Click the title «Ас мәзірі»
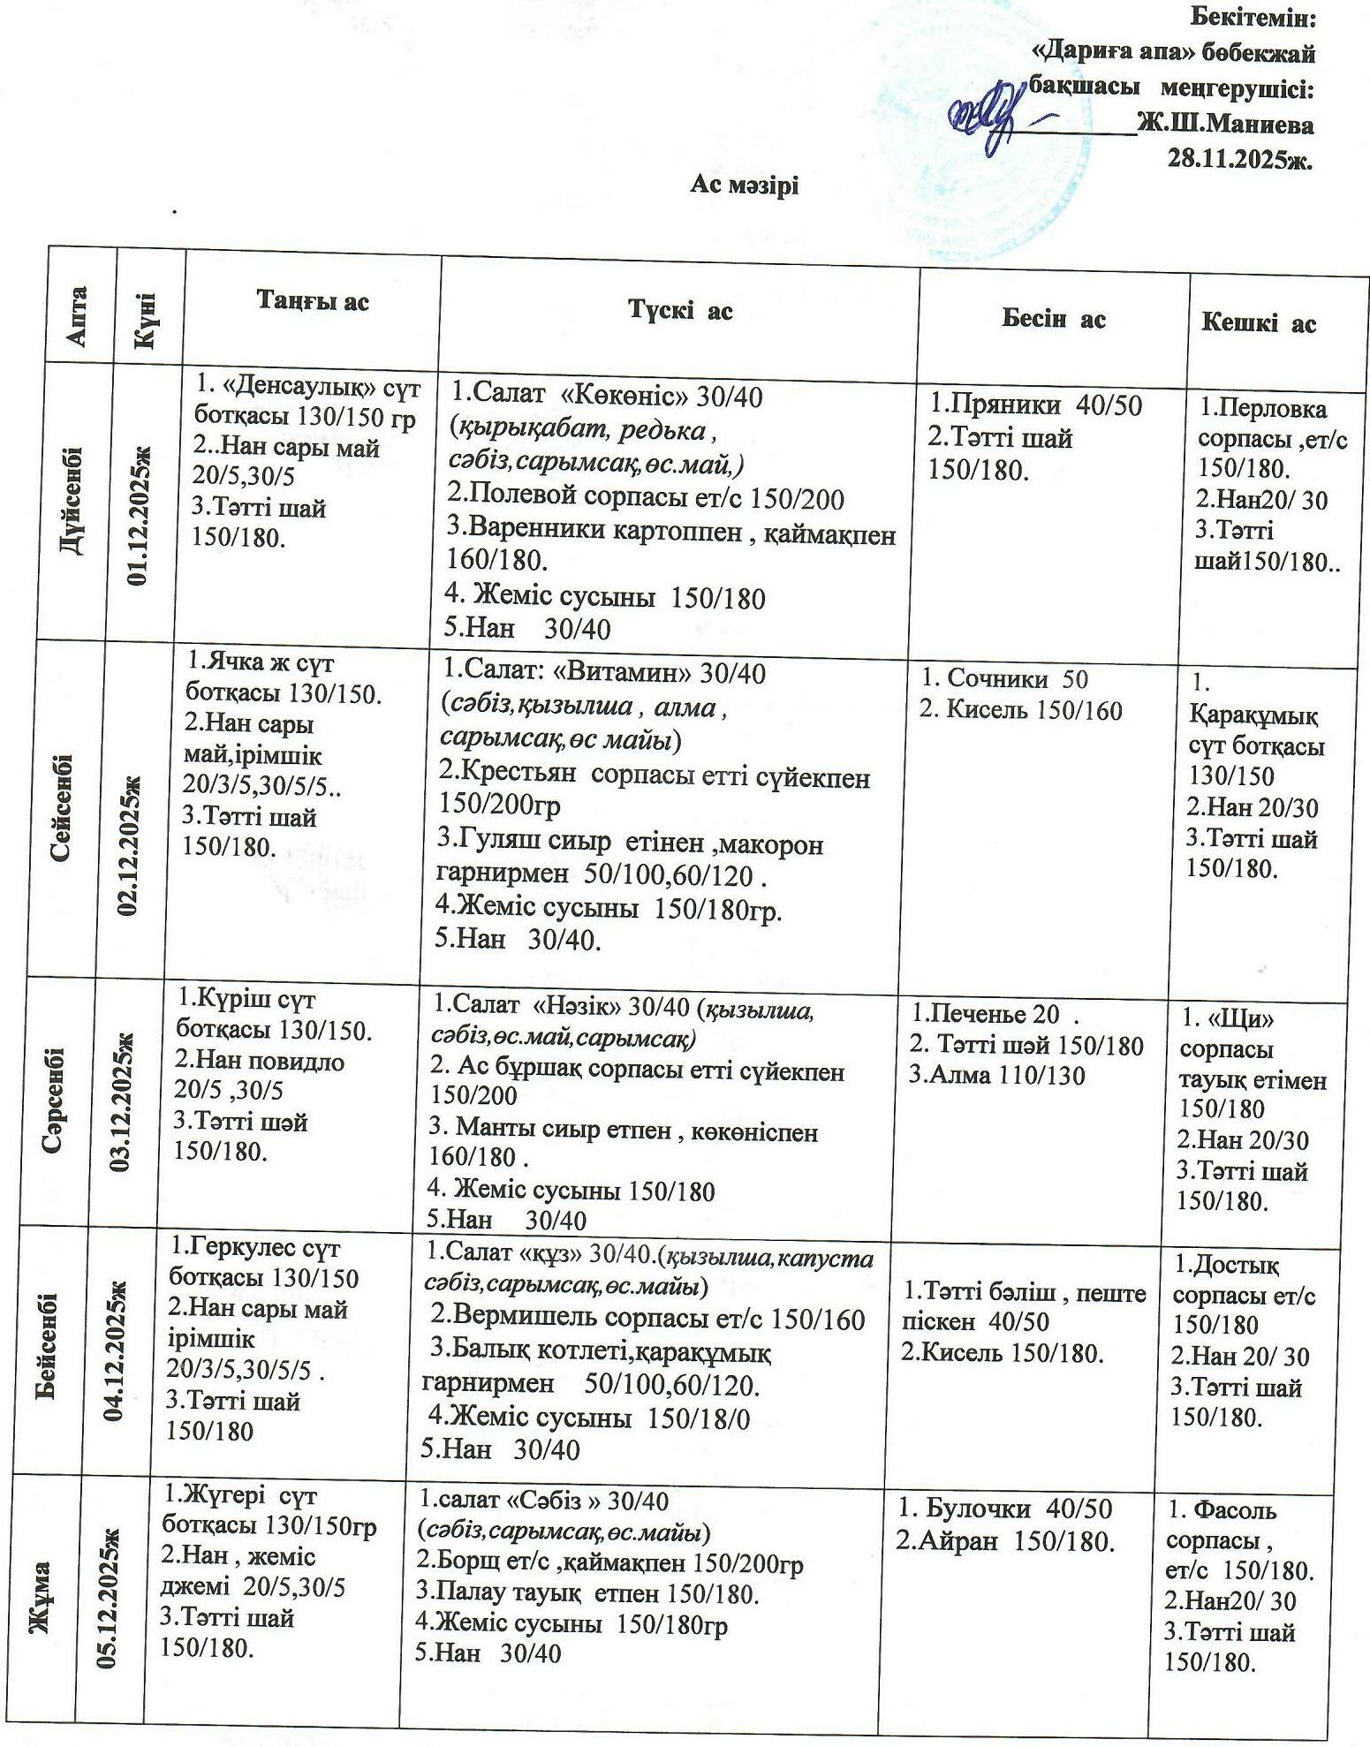tap(744, 186)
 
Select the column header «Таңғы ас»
tap(313, 301)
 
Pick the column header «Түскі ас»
tap(680, 310)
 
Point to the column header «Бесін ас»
tap(1053, 319)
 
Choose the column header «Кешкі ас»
tap(1258, 323)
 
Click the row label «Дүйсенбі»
tap(74, 500)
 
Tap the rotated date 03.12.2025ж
tap(119, 1100)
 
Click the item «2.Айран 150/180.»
tap(1005, 1541)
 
